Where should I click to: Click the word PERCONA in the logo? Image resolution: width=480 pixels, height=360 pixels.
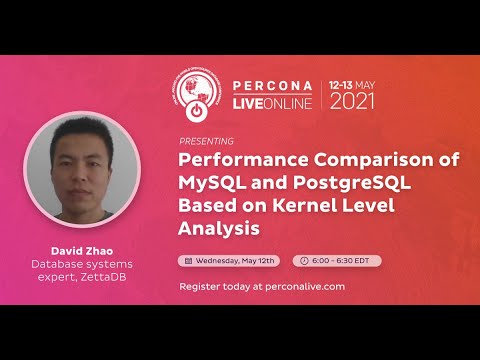(x=273, y=85)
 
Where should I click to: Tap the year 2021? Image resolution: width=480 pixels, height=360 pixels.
(x=353, y=101)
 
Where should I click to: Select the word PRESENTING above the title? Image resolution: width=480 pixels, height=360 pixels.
(x=206, y=142)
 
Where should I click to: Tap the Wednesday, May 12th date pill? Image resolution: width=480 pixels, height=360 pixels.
(x=229, y=260)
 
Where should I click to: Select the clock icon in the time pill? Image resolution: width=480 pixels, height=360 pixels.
(x=305, y=260)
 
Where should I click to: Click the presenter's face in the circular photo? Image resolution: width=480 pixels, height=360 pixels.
(x=66, y=166)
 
